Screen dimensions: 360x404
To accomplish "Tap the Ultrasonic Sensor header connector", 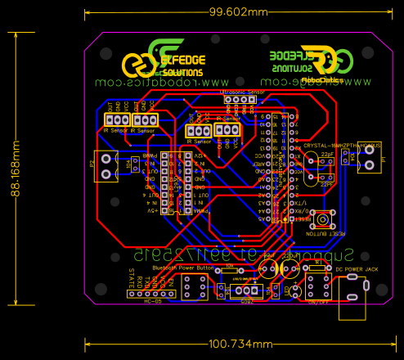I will pyautogui.click(x=240, y=100).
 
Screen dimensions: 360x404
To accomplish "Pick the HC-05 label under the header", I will pyautogui.click(x=152, y=302).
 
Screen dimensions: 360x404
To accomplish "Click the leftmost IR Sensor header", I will pyautogui.click(x=116, y=121).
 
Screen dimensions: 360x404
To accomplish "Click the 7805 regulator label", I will pyautogui.click(x=247, y=300).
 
